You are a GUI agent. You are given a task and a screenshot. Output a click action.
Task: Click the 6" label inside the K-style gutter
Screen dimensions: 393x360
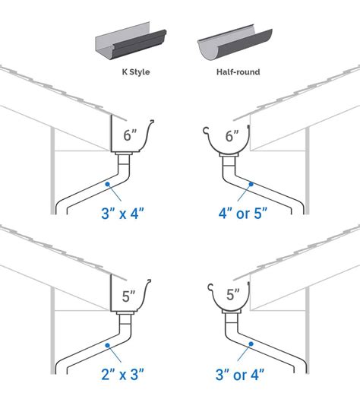[x=130, y=137]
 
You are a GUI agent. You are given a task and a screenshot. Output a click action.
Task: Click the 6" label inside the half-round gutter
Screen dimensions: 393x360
[x=231, y=138]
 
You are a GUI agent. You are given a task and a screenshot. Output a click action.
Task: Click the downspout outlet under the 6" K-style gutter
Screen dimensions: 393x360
[x=129, y=157]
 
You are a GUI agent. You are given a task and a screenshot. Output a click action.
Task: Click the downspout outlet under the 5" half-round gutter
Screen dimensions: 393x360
[x=230, y=316]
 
